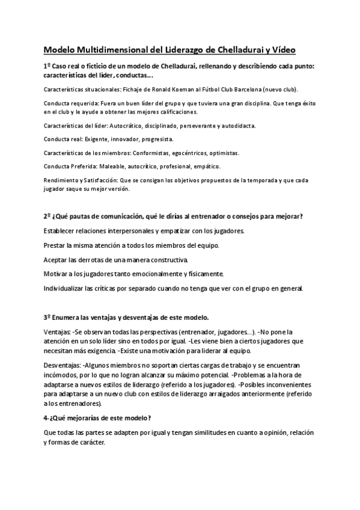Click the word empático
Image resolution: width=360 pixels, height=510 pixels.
[x=208, y=165]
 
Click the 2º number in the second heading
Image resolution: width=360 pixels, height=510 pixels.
[x=47, y=217]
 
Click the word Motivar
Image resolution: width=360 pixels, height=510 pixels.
[x=56, y=274]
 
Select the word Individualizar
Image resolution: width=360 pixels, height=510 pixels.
[x=64, y=288]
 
